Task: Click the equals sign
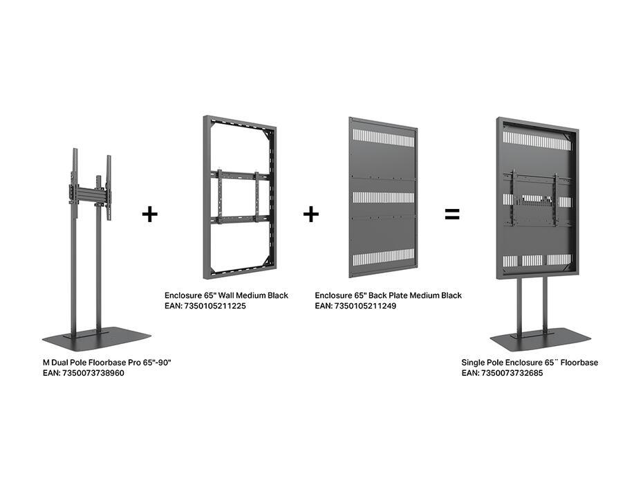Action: (451, 215)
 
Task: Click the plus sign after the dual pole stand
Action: (150, 214)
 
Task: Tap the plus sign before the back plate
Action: (311, 215)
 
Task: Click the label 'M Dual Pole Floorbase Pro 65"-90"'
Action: (106, 363)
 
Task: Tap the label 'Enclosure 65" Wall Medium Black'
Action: (226, 295)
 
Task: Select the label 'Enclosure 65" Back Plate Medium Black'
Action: (388, 295)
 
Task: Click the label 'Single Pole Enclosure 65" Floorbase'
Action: (530, 363)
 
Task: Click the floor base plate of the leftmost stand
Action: (96, 338)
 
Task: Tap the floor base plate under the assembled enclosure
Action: (540, 340)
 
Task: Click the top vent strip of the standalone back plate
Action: (382, 137)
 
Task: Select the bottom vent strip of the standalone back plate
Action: (382, 262)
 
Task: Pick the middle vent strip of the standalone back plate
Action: (382, 198)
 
